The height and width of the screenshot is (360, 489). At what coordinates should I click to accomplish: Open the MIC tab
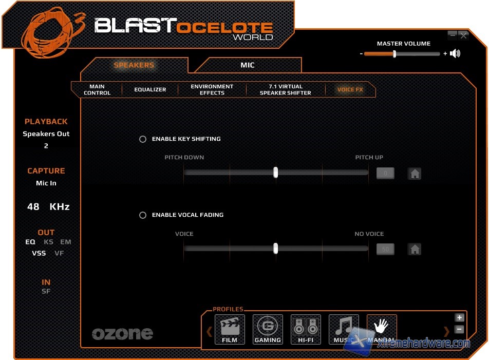(x=248, y=65)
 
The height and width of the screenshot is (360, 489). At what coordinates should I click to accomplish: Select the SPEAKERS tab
(x=134, y=65)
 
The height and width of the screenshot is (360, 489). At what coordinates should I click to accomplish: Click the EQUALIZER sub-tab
(x=150, y=89)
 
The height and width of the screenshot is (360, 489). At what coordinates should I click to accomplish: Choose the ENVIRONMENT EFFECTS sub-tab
(x=212, y=89)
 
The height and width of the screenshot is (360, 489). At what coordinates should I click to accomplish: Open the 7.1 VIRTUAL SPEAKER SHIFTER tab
(x=286, y=89)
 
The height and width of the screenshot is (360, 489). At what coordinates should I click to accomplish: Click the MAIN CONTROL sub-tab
(x=97, y=89)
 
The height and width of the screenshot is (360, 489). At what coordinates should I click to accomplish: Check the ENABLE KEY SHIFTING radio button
(x=143, y=139)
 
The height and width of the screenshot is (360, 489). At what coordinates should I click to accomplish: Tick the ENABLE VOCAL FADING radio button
(x=143, y=215)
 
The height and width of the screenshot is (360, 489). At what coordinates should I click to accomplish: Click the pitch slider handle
(x=276, y=172)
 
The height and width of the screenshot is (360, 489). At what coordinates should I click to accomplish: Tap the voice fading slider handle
(x=276, y=249)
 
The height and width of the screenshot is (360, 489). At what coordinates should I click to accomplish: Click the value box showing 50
(x=385, y=250)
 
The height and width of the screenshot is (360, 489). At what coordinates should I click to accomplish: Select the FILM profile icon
(x=230, y=329)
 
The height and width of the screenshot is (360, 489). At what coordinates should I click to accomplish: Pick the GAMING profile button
(x=268, y=329)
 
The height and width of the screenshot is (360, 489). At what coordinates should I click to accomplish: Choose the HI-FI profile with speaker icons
(x=306, y=329)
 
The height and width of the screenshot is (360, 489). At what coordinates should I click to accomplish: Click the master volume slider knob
(x=394, y=54)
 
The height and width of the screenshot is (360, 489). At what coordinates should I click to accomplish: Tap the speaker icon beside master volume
(x=455, y=53)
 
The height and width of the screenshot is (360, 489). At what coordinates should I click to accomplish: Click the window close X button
(x=464, y=35)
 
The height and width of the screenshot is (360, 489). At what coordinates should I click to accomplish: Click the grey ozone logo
(x=122, y=334)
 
